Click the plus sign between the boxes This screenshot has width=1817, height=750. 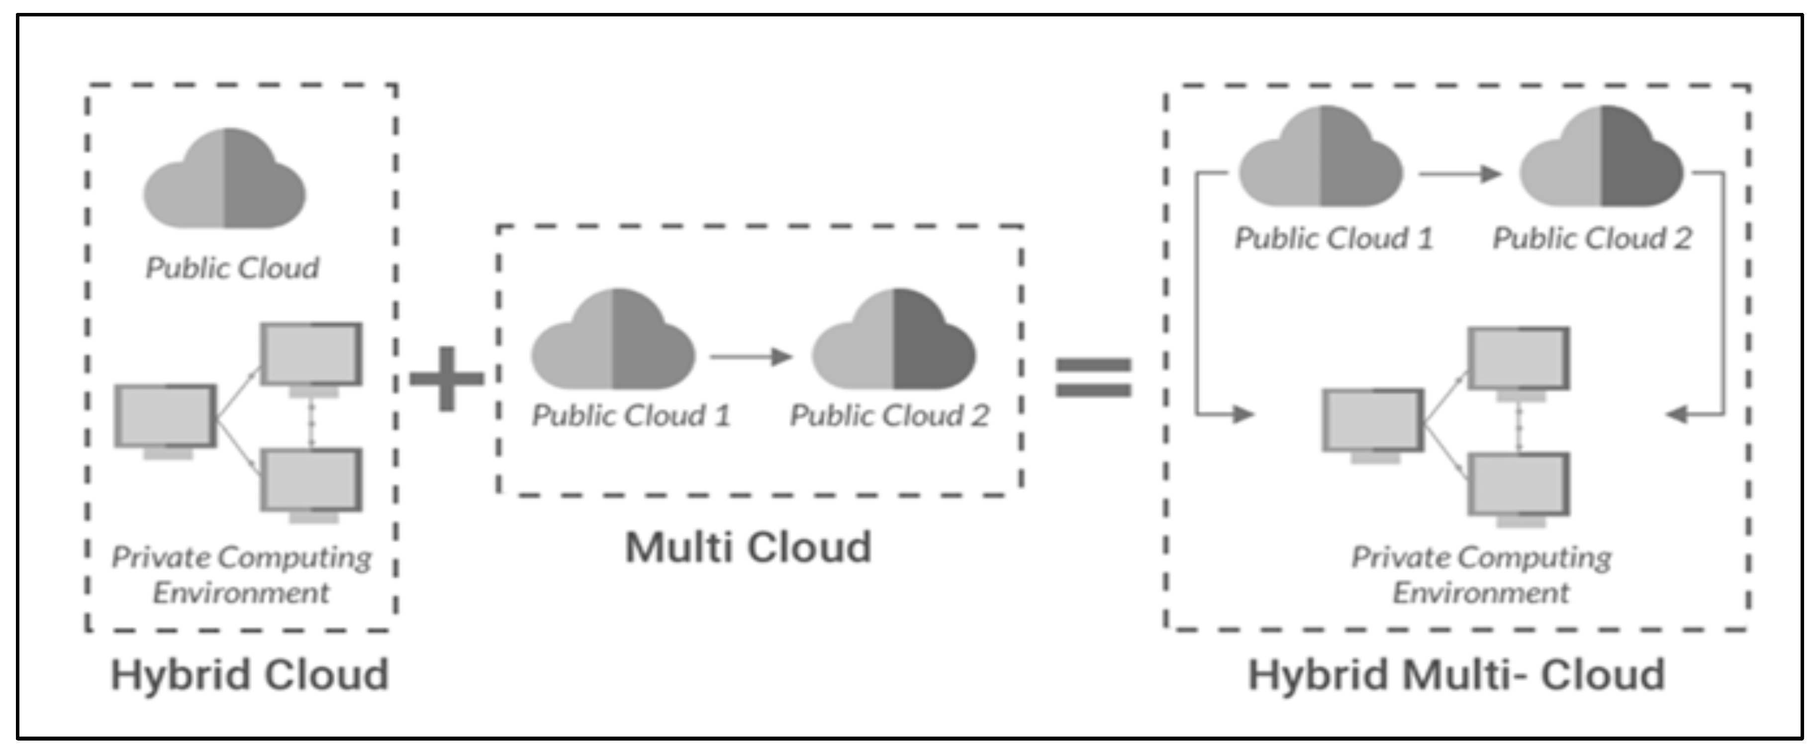click(447, 379)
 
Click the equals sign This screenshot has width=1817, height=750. click(1093, 377)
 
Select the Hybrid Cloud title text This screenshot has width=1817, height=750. click(250, 674)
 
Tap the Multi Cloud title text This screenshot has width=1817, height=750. click(749, 547)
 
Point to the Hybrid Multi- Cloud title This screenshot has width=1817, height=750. click(1456, 674)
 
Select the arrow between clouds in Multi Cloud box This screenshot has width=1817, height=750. click(751, 357)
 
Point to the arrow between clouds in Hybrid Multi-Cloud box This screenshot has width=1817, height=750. click(1459, 173)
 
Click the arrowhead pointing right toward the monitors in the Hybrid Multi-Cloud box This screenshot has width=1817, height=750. click(1243, 414)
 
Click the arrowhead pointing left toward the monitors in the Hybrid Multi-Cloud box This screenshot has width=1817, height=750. click(1677, 414)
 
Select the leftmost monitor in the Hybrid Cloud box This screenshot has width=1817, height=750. click(166, 417)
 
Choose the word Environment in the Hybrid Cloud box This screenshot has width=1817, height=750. click(241, 593)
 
